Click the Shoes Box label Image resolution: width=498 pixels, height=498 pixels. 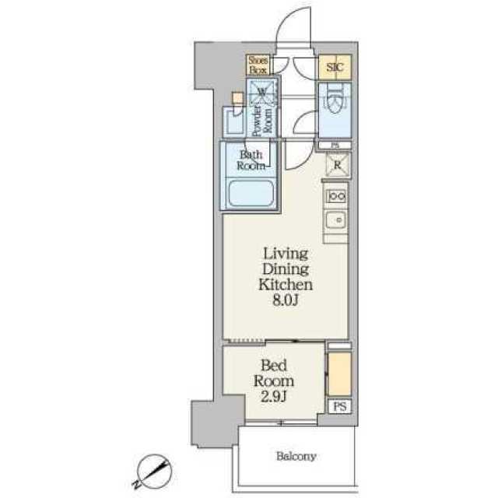[258, 65]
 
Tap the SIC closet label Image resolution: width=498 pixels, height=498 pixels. [335, 67]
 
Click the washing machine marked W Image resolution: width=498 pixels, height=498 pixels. [262, 92]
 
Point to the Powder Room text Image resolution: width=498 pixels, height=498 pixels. [262, 121]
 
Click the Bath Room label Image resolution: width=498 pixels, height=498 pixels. [251, 160]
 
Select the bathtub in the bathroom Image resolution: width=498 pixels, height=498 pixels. [251, 193]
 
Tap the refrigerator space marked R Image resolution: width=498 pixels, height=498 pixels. [338, 164]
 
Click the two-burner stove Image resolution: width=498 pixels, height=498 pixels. [336, 196]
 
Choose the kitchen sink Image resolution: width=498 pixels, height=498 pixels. [336, 219]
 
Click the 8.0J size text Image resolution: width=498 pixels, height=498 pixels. [286, 300]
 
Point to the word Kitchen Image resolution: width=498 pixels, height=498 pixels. [286, 285]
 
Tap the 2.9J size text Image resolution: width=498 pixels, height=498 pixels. [274, 396]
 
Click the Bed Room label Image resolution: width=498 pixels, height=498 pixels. [274, 373]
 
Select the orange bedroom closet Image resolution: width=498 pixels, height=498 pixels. [339, 373]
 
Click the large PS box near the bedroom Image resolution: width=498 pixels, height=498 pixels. [339, 406]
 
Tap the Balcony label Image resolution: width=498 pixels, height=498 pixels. [296, 457]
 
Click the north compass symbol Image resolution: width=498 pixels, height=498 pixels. [154, 472]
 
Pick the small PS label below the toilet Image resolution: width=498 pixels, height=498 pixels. [335, 146]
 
